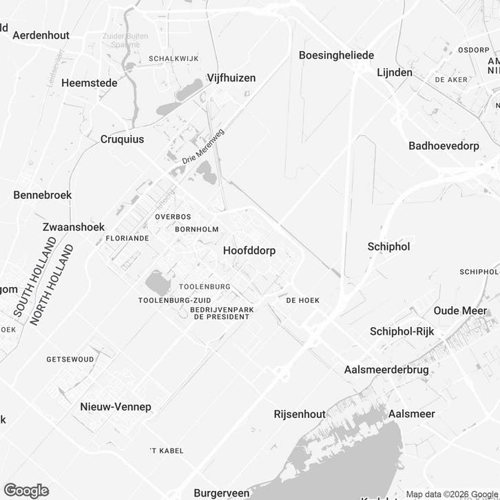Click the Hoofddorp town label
[x=249, y=251]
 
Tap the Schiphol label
[x=389, y=246]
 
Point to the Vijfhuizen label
[x=231, y=78]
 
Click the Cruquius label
[x=123, y=138]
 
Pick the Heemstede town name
[x=90, y=83]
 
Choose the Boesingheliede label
[x=337, y=55]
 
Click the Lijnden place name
[x=395, y=72]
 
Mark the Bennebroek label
[x=43, y=195]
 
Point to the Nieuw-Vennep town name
[x=116, y=406]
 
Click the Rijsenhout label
[x=300, y=414]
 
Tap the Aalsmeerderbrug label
[x=386, y=370]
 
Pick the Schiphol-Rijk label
[x=402, y=331]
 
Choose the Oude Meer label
[x=460, y=311]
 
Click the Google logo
[x=26, y=490]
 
